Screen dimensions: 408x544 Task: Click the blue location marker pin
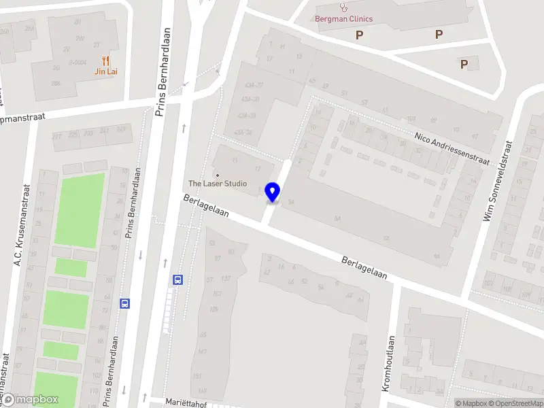273,192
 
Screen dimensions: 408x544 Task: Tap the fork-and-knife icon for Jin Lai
105,61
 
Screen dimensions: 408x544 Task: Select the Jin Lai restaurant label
105,71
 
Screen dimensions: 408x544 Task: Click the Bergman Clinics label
343,19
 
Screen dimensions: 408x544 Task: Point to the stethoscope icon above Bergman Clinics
343,7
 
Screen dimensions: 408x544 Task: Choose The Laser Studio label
218,184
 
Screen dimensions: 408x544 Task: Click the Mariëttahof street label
186,402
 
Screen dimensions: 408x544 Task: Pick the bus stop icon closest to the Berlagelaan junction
178,279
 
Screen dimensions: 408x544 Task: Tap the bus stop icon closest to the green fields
124,303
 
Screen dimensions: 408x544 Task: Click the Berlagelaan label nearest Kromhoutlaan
364,268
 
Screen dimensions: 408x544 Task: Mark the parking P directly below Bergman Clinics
359,35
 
